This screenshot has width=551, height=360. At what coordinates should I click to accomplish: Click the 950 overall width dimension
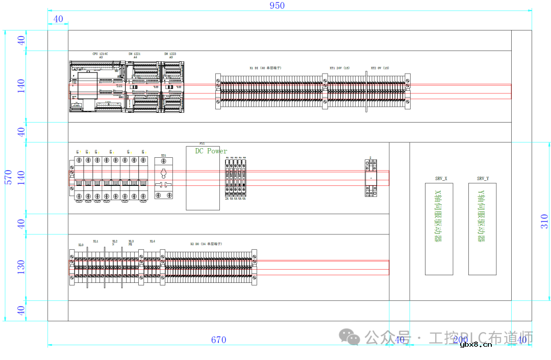click(277, 6)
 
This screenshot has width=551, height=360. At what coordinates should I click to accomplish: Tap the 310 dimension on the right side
click(544, 221)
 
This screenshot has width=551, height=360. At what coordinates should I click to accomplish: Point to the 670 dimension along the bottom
click(218, 340)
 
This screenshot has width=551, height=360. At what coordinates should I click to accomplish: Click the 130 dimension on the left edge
click(21, 267)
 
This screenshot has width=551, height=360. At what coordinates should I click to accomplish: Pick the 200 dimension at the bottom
click(460, 340)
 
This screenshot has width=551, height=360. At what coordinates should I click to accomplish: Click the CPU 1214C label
click(101, 54)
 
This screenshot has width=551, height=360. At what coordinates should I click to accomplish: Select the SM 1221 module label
click(135, 54)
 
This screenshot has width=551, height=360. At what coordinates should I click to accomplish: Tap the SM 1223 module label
click(170, 54)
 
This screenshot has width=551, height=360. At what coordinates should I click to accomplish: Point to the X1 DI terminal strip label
click(265, 68)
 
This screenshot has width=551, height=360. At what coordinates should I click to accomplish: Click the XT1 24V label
click(339, 68)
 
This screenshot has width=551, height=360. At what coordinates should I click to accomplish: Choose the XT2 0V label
click(380, 68)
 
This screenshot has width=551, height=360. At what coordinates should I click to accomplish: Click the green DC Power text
click(211, 151)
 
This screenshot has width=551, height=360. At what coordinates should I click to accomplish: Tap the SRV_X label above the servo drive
click(441, 179)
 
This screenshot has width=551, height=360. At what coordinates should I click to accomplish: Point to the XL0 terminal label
click(81, 245)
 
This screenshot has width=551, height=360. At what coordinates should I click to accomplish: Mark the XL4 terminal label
click(152, 241)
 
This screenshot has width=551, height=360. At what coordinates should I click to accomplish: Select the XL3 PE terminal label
click(131, 243)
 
